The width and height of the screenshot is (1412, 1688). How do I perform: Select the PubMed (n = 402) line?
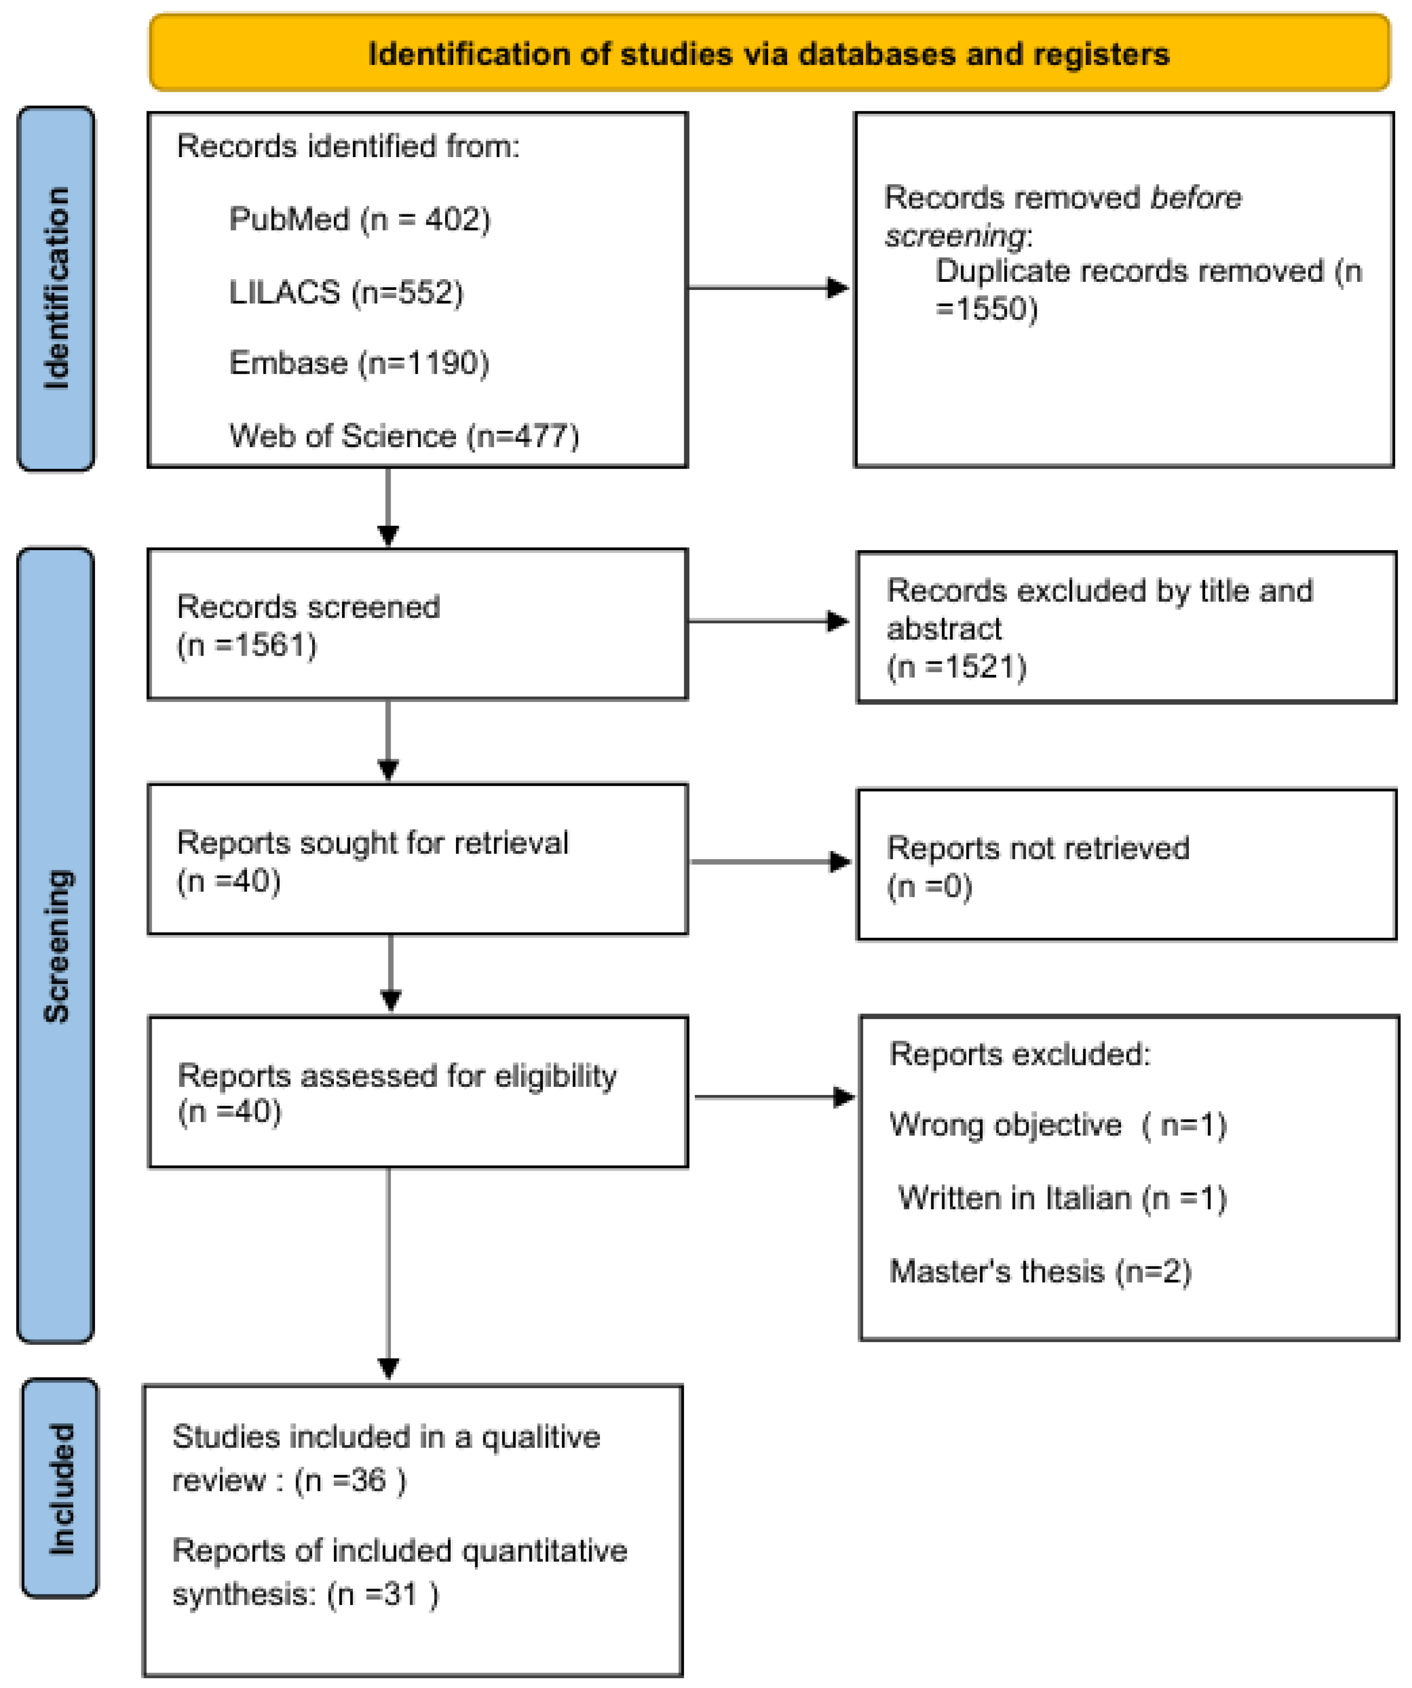point(360,219)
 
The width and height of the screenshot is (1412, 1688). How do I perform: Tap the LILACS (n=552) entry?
point(346,292)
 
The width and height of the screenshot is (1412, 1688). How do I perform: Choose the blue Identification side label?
point(56,289)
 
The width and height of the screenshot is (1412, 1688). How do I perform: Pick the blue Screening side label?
point(56,946)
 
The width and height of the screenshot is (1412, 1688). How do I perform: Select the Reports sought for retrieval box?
point(417,859)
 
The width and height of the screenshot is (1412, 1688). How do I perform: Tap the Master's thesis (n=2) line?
point(1040,1271)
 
